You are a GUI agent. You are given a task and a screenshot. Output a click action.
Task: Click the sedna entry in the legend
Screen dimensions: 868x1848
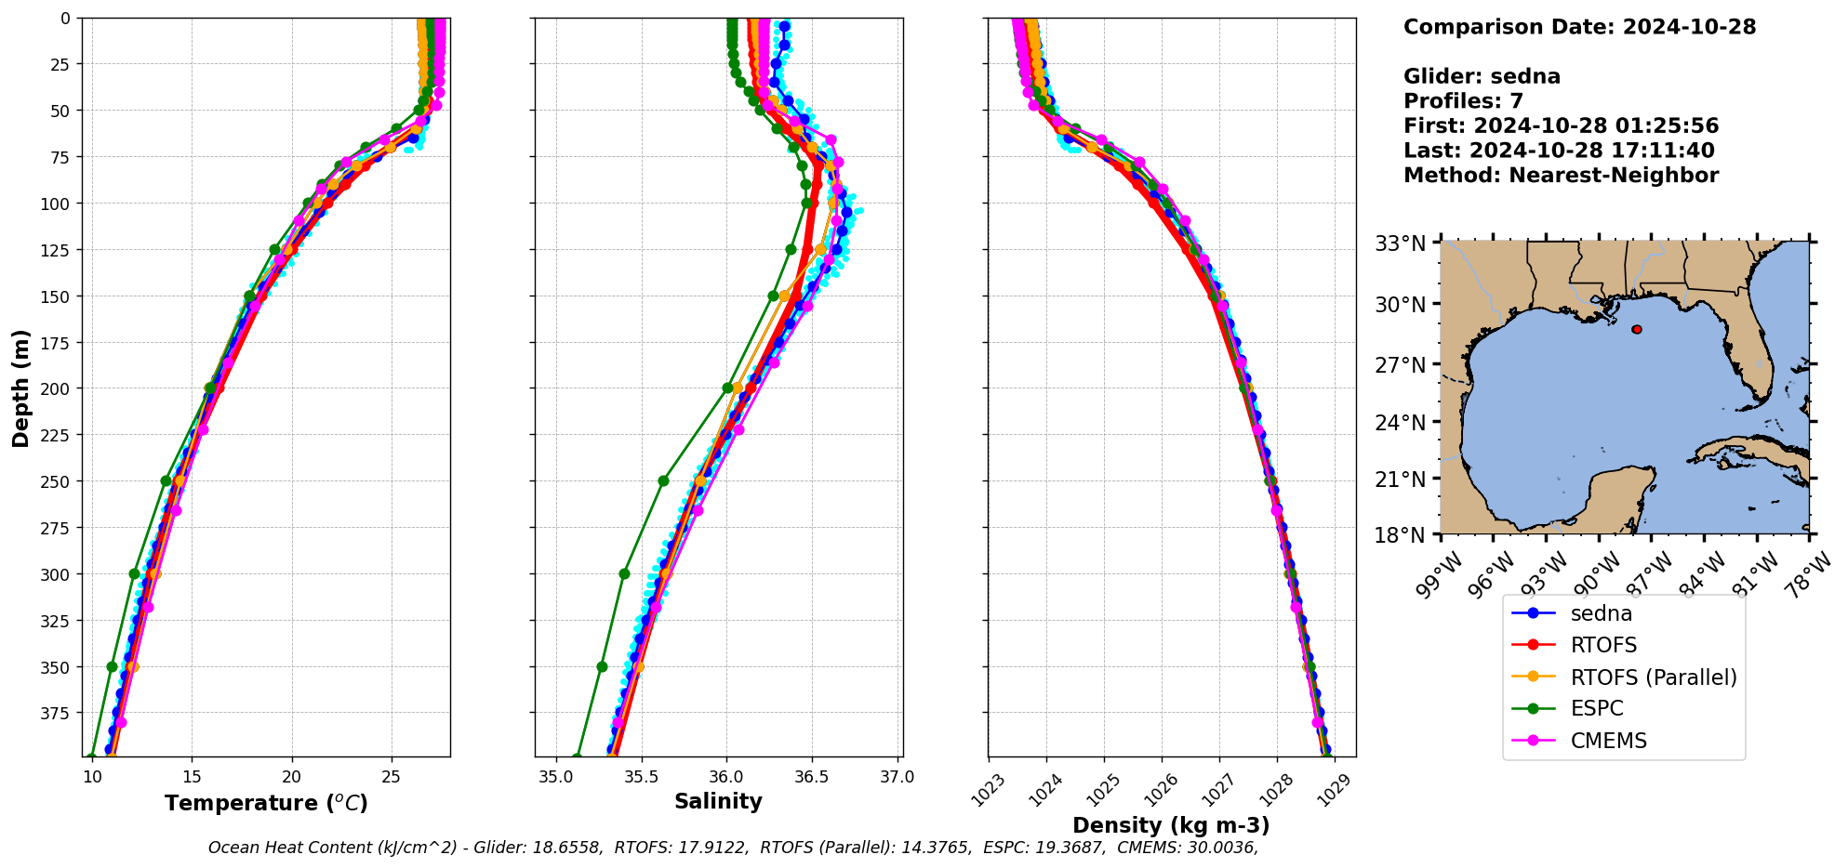(x=1601, y=613)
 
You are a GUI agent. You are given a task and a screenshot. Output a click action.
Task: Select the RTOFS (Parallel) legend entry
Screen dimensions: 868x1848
(x=1653, y=677)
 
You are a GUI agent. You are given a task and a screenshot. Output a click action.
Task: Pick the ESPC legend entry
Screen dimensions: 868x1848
(x=1596, y=708)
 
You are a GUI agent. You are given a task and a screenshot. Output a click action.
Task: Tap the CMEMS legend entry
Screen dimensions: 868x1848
(x=1608, y=741)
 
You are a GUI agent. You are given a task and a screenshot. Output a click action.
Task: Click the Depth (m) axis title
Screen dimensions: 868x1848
(x=20, y=388)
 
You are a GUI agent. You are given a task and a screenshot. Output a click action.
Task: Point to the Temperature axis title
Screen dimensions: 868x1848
(x=266, y=803)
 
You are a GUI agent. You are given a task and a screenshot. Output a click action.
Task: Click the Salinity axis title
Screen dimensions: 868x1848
(x=718, y=801)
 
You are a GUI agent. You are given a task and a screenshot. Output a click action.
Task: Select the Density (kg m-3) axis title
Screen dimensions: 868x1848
(x=1171, y=825)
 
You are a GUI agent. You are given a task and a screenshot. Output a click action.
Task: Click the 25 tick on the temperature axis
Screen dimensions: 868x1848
(x=392, y=777)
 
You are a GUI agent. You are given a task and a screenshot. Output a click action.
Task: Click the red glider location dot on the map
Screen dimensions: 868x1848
(x=1637, y=329)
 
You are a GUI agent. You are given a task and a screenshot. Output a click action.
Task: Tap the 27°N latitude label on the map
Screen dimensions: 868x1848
(x=1401, y=365)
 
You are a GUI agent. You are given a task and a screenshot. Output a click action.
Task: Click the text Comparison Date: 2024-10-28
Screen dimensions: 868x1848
(x=1579, y=27)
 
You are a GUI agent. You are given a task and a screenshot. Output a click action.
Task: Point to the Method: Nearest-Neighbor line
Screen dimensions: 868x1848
(x=1561, y=176)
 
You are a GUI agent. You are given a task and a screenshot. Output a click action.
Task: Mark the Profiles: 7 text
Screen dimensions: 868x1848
(x=1463, y=101)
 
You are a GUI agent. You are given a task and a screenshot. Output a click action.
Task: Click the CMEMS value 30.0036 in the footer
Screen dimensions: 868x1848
(x=1222, y=848)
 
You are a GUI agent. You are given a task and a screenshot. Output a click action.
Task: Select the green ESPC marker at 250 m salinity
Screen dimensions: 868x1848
(x=663, y=481)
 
